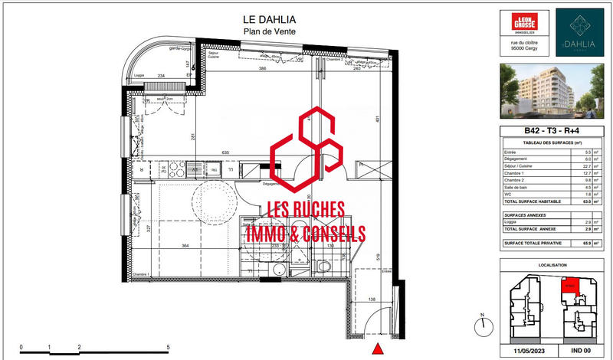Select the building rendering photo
tap(551, 90)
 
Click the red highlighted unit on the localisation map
tap(568, 286)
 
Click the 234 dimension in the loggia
tap(161, 76)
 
